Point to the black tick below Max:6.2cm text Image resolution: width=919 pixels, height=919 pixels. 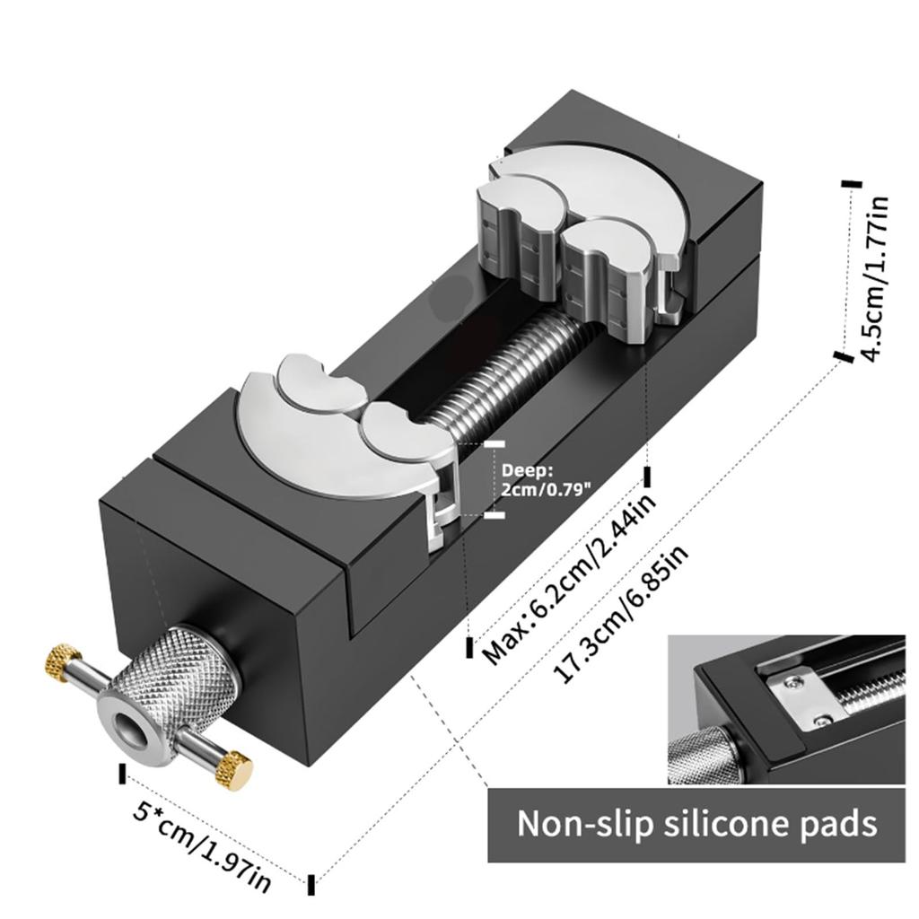[469, 647]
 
